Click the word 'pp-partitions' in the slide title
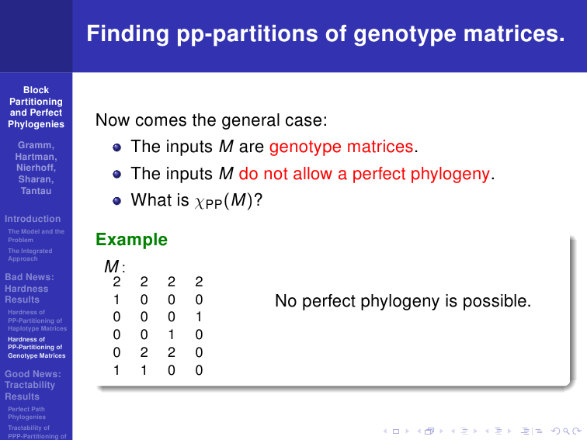[247, 34]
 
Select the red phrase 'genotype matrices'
[341, 147]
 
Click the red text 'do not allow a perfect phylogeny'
[364, 174]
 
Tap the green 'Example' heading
[131, 240]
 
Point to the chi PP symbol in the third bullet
[208, 203]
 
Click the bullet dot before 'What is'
[116, 201]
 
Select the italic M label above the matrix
[112, 266]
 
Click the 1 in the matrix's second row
[116, 300]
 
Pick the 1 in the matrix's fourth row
[172, 334]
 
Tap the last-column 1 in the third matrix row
[199, 317]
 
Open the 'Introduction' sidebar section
[33, 219]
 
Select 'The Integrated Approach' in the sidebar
[30, 255]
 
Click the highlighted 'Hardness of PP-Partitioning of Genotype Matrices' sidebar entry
[36, 348]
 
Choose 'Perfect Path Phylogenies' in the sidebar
[26, 413]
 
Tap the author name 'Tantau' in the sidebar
[36, 191]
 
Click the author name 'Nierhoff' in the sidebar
[36, 168]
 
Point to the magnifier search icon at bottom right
[566, 431]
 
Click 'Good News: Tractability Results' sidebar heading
[33, 385]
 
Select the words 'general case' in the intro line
[274, 120]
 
